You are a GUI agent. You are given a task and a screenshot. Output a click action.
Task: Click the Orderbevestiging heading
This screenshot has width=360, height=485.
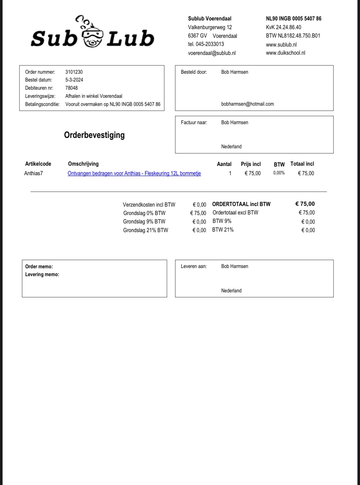(94, 135)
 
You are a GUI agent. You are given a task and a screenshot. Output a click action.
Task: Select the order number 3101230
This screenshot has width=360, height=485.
(74, 72)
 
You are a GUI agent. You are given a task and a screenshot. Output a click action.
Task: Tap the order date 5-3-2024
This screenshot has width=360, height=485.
(74, 80)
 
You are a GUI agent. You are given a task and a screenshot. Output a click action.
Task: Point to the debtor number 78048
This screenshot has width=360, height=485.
(71, 88)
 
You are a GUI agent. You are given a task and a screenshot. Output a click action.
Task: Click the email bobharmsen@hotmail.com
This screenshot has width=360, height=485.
(248, 104)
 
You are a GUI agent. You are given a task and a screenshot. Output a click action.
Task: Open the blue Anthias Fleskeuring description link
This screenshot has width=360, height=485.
(134, 173)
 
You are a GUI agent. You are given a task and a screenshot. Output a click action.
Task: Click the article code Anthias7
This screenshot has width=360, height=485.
(33, 173)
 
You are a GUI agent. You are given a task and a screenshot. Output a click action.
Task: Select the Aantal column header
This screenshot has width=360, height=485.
(224, 164)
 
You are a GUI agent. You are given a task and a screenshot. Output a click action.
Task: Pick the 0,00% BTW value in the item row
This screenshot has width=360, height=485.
(279, 173)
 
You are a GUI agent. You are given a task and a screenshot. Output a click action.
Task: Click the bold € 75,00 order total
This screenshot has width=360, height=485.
(305, 204)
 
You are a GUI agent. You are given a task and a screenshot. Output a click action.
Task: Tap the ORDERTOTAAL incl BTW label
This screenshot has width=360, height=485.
(241, 204)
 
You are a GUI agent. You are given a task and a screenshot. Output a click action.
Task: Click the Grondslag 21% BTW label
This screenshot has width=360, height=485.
(146, 230)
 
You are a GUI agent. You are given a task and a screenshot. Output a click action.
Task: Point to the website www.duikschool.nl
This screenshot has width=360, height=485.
(285, 53)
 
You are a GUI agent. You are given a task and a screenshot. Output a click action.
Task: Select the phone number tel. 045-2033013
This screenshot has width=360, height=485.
(206, 44)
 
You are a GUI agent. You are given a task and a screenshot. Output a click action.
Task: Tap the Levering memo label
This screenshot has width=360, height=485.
(42, 274)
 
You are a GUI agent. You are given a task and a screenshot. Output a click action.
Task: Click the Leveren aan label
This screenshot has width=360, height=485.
(194, 266)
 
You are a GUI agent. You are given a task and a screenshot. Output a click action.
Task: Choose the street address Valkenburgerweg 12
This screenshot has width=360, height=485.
(210, 27)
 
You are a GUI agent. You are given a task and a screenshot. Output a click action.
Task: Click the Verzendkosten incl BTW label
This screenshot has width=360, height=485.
(149, 205)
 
